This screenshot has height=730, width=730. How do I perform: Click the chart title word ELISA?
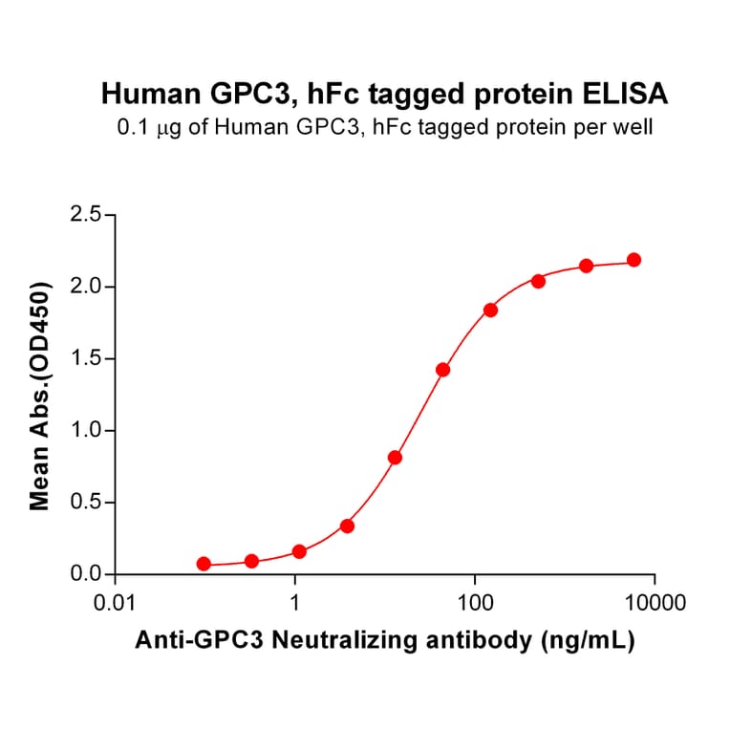pyautogui.click(x=628, y=94)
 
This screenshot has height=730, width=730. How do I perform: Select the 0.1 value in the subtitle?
pyautogui.click(x=131, y=126)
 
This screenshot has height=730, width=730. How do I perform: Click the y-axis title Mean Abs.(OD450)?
pyautogui.click(x=40, y=395)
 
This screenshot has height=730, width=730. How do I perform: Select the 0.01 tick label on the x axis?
pyautogui.click(x=116, y=604)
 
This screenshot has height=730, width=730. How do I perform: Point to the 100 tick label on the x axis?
pyautogui.click(x=475, y=604)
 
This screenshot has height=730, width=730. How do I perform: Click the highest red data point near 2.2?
pyautogui.click(x=633, y=260)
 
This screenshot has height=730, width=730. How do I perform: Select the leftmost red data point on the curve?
pyautogui.click(x=204, y=564)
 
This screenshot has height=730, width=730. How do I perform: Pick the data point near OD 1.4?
pyautogui.click(x=442, y=370)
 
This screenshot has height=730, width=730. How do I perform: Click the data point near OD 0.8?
pyautogui.click(x=395, y=458)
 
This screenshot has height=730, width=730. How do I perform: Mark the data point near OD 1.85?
pyautogui.click(x=490, y=310)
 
